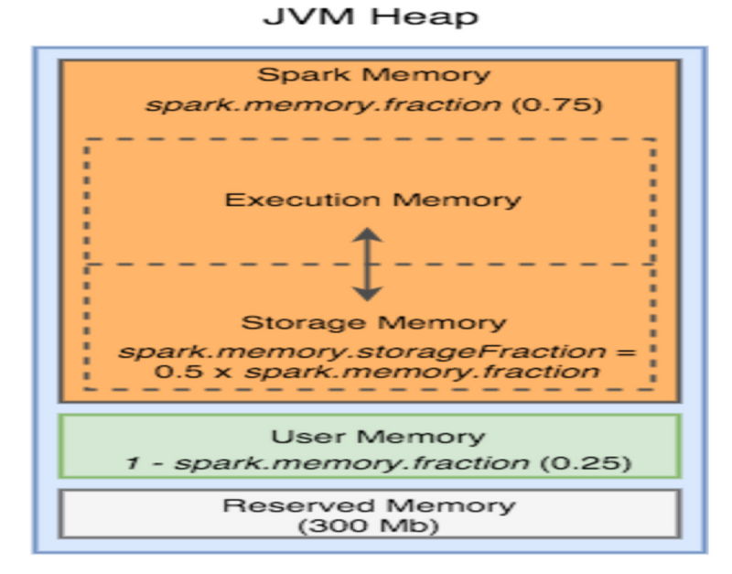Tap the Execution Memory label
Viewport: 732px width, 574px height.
[373, 200]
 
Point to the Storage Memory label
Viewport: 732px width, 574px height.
[373, 322]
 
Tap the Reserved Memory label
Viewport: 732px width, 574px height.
[370, 505]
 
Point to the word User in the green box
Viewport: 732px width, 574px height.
[299, 437]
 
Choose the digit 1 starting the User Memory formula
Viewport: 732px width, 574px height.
[132, 462]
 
